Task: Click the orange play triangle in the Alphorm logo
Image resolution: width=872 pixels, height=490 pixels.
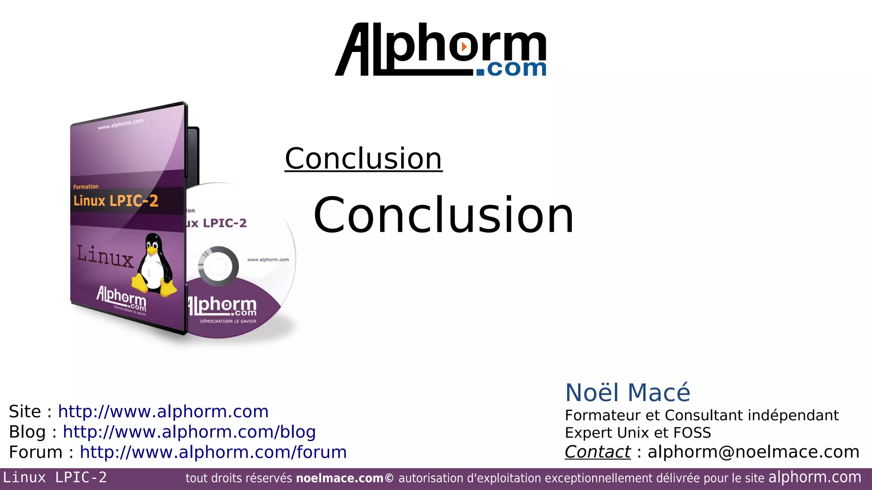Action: point(464,46)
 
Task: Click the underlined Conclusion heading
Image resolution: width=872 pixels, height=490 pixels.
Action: point(363,159)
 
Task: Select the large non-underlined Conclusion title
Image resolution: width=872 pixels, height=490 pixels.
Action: point(444,215)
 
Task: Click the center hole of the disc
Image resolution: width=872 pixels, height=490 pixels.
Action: point(218,266)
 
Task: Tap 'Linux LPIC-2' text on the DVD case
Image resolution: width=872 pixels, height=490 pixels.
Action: point(115,201)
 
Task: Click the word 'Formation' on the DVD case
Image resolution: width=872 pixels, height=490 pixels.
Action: point(86,187)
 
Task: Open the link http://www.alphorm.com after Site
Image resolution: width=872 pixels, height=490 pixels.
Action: point(163,412)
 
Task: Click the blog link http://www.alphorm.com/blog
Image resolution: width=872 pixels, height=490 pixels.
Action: point(189,432)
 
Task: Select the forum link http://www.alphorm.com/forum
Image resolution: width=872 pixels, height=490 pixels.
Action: point(213,452)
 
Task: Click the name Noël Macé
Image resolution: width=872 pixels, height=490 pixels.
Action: point(627,392)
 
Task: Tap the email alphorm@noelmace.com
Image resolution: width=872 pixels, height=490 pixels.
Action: point(753,452)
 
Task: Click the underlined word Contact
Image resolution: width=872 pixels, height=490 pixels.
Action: point(597,452)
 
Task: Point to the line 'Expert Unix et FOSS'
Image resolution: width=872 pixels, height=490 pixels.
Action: point(637,433)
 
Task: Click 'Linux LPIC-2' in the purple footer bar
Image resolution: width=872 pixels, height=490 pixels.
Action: point(55,478)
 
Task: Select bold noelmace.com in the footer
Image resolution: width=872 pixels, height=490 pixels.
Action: point(339,479)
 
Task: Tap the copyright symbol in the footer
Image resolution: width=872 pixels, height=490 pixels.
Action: point(389,478)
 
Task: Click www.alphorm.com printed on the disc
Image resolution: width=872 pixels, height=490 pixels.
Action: point(268,259)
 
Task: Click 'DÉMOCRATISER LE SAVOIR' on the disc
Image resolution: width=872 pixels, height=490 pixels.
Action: point(228,321)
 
